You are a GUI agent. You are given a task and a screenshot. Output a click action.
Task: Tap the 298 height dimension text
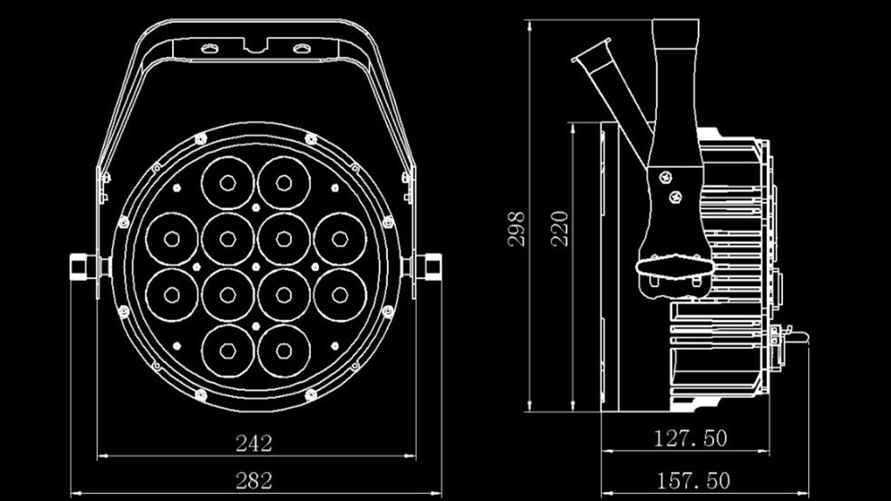tap(517, 228)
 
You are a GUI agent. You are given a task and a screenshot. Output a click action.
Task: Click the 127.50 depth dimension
tap(691, 438)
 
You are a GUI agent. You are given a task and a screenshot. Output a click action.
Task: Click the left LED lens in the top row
tap(228, 182)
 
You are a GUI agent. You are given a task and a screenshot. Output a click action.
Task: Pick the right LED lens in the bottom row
tap(283, 351)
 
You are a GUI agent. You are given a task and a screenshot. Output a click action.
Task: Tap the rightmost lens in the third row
tap(340, 295)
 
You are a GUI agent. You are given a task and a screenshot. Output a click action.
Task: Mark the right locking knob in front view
tap(429, 267)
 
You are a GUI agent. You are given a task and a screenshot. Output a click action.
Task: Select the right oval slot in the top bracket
tap(301, 49)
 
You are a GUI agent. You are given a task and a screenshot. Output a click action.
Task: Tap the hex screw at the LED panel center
tap(255, 267)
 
